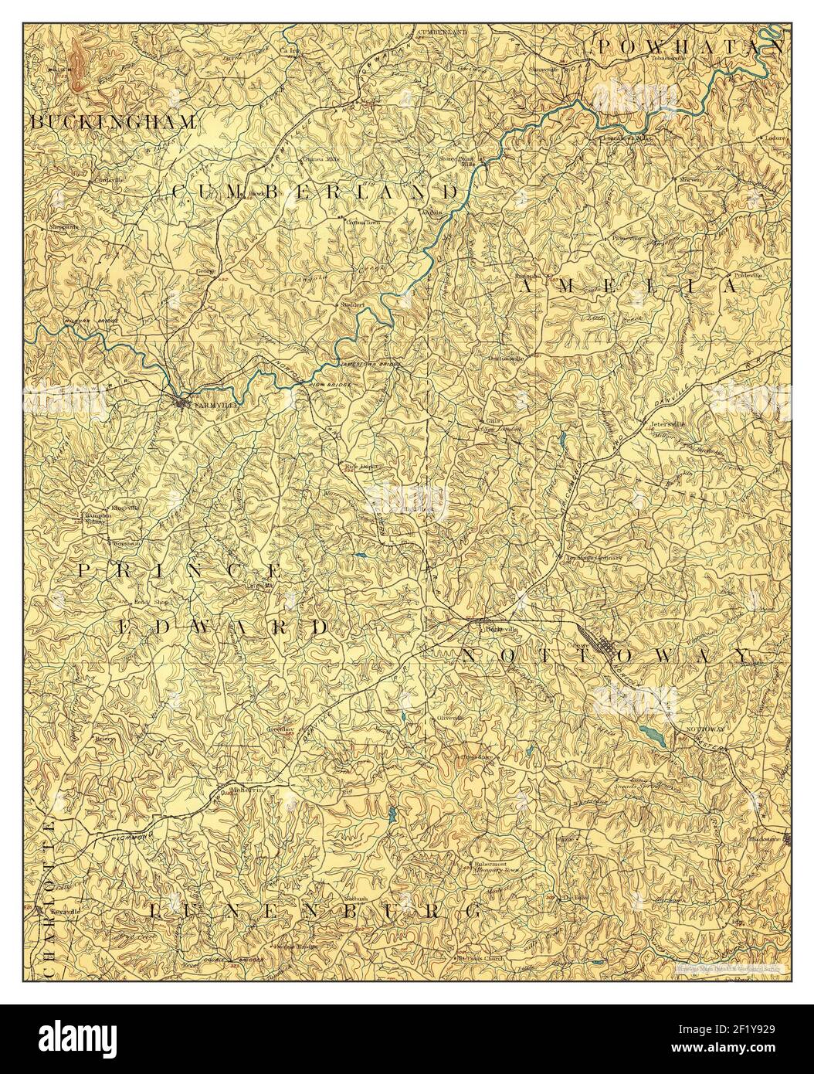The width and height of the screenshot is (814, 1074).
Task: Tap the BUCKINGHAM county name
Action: coord(113,122)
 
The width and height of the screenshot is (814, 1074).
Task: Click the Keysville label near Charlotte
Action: coord(65,911)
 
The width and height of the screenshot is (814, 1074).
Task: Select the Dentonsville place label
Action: coord(507,359)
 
